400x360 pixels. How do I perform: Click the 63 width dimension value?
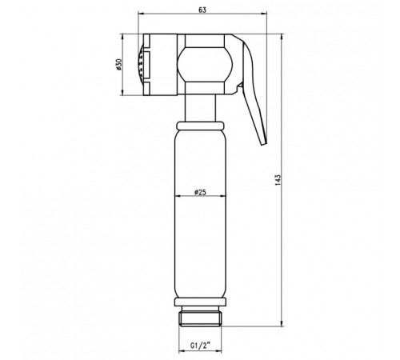pyautogui.click(x=202, y=10)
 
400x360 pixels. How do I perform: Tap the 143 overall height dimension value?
pyautogui.click(x=278, y=180)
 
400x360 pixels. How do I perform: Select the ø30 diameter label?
pyautogui.click(x=118, y=65)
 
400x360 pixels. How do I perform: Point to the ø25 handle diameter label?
pyautogui.click(x=200, y=192)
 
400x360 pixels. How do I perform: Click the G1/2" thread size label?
pyautogui.click(x=200, y=346)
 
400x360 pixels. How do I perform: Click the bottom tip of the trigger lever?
pyautogui.click(x=264, y=144)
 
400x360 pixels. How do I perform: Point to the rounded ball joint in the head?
pyautogui.click(x=205, y=65)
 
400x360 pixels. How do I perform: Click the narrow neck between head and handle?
pyautogui.click(x=200, y=108)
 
